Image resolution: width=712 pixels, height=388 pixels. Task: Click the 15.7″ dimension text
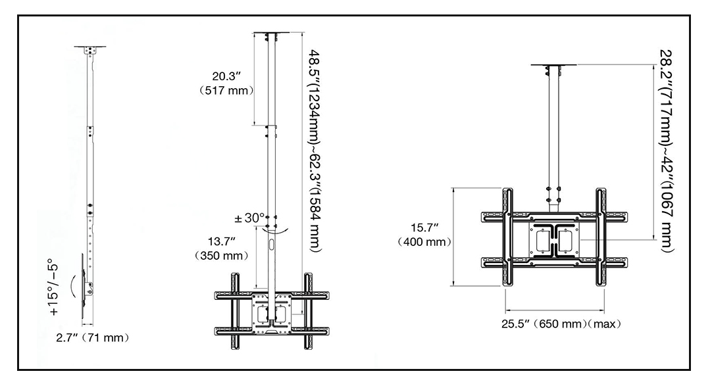click(x=424, y=228)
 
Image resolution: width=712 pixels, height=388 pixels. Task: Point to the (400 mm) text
click(x=424, y=241)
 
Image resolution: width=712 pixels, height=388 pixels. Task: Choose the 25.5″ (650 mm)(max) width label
click(x=559, y=324)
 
